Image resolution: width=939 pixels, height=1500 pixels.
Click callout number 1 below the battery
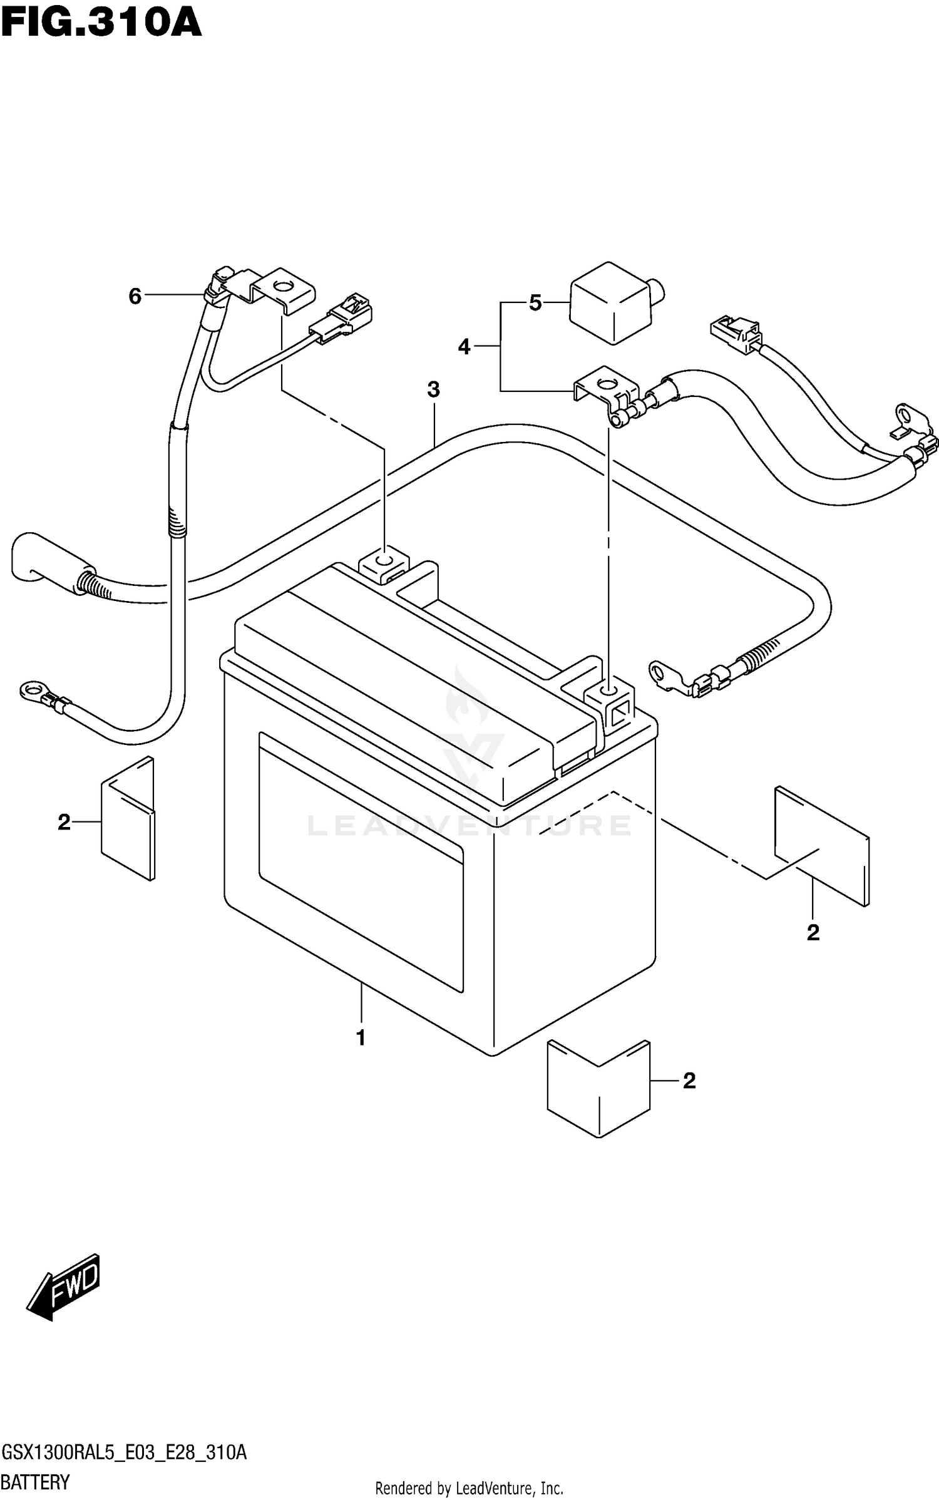tap(361, 1038)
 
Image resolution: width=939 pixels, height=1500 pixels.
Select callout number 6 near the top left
tap(135, 296)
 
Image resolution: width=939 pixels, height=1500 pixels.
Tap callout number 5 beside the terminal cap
tap(535, 303)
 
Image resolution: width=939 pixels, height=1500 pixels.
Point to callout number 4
tap(464, 346)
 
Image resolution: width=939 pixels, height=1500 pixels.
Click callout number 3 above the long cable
tap(433, 389)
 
